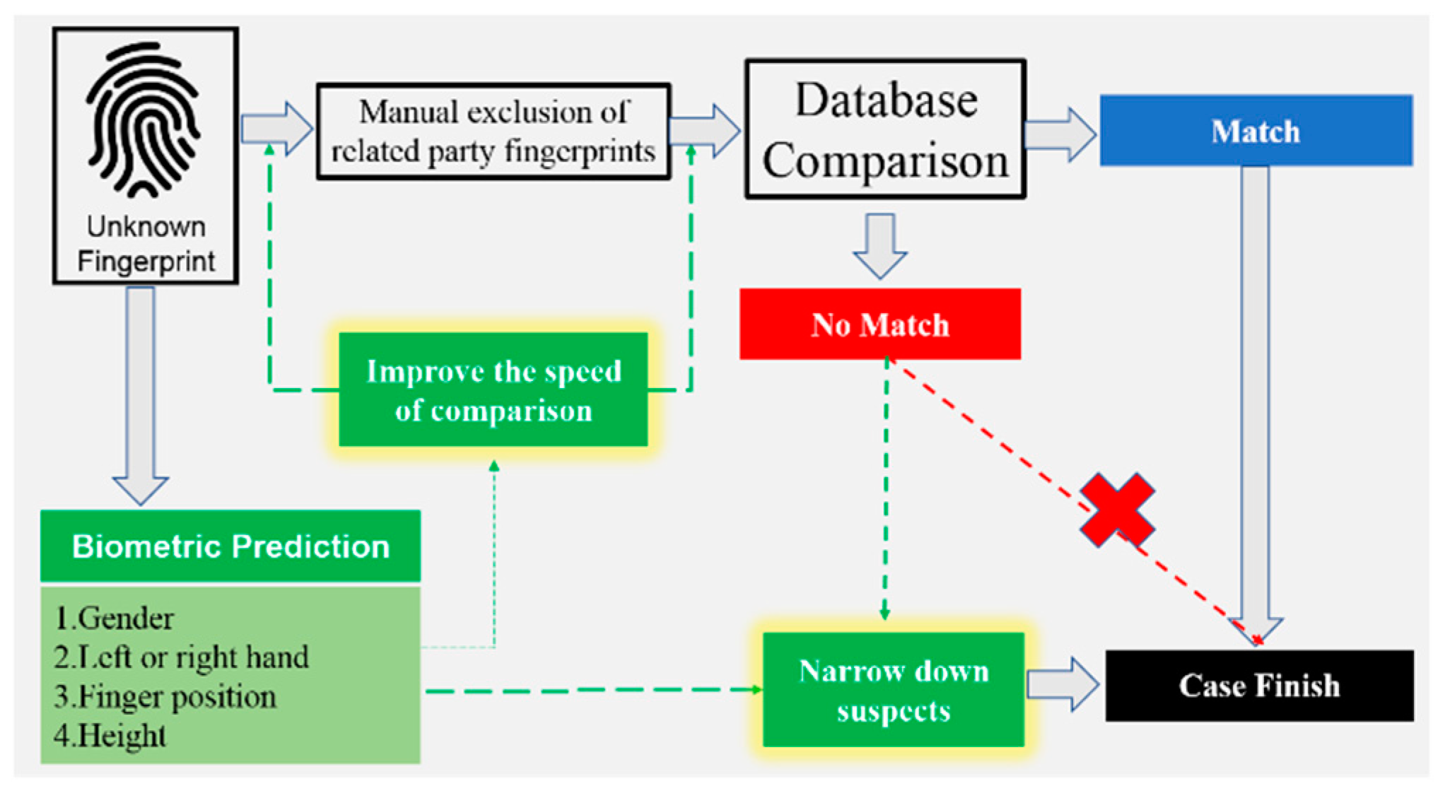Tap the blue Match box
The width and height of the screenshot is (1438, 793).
1256,131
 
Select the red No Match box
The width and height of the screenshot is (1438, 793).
879,324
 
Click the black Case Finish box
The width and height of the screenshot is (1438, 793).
1259,686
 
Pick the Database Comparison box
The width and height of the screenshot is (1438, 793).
885,129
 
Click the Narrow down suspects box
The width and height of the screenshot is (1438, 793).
894,690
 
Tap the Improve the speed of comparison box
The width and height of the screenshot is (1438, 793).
493,390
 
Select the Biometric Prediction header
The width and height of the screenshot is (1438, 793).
230,546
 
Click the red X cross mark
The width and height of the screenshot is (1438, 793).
1117,510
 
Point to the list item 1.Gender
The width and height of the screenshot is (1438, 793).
115,618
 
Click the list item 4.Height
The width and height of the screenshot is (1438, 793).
110,736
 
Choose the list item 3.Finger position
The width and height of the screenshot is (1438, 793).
165,697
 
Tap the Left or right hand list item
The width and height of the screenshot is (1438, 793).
182,657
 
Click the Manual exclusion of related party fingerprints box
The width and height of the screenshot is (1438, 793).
493,131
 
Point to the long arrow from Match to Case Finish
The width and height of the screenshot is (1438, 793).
1256,396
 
